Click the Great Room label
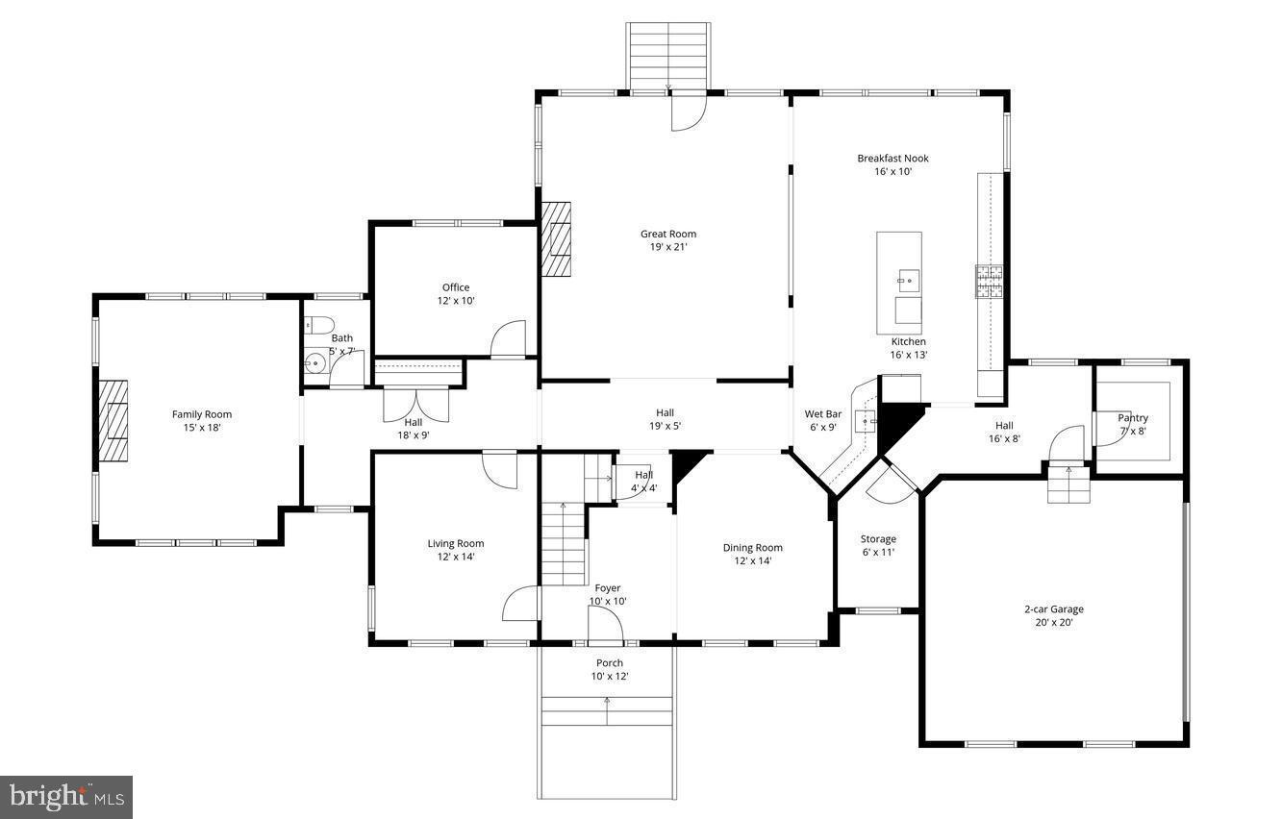[668, 234]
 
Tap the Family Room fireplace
[113, 422]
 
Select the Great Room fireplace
[556, 238]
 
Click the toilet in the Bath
[318, 325]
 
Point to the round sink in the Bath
[314, 363]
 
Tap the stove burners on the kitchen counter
[990, 281]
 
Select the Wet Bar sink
[867, 421]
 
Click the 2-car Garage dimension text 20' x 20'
[1053, 622]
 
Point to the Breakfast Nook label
[892, 159]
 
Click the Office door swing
[509, 339]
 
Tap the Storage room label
[878, 539]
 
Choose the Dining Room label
[753, 548]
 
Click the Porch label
[609, 662]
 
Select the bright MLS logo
[66, 797]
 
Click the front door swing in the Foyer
[605, 625]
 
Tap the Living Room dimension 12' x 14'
[456, 557]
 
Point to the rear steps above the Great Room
[668, 56]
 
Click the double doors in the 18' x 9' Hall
[415, 404]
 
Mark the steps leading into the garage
[1068, 483]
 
